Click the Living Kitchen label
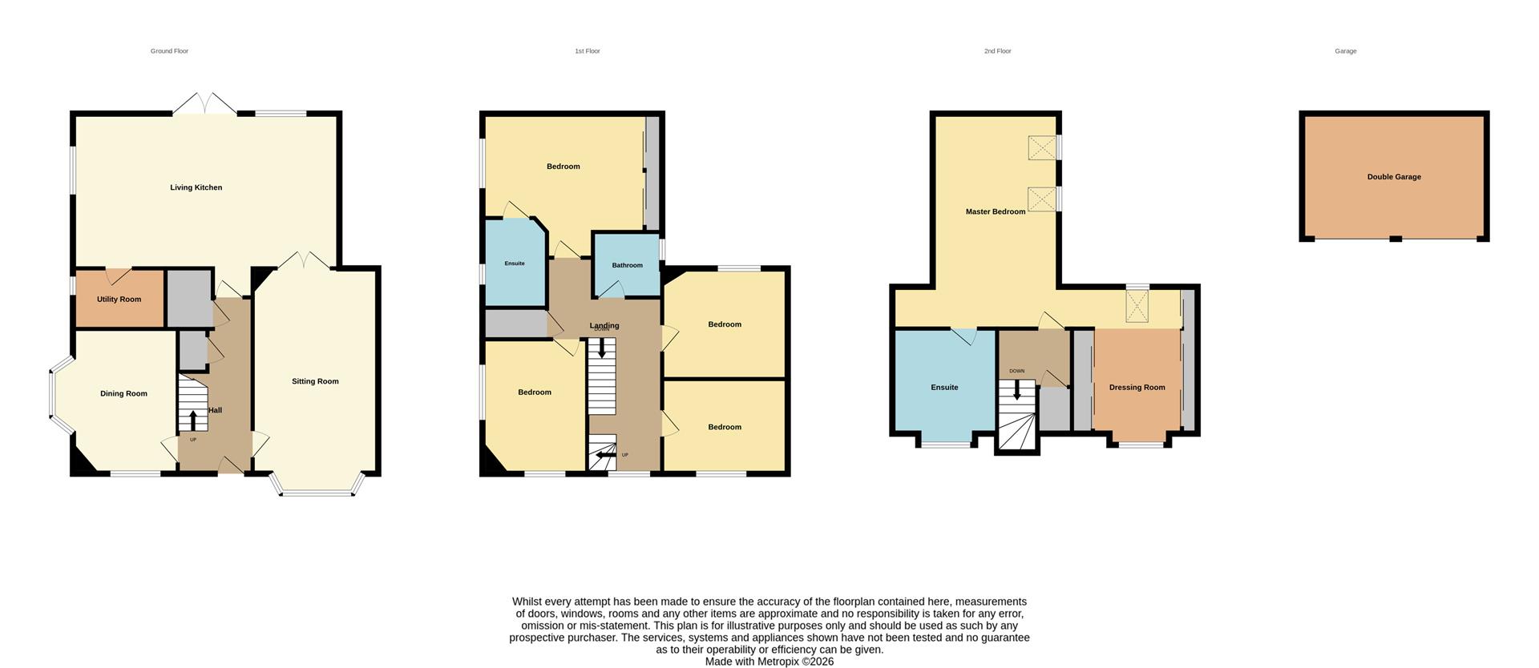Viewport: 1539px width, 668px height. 196,187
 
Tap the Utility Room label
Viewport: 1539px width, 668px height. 119,300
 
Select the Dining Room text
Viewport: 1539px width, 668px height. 123,393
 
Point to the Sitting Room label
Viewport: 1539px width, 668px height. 315,381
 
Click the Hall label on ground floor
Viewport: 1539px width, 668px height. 215,410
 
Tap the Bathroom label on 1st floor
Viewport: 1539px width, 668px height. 627,265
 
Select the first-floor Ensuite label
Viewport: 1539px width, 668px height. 515,264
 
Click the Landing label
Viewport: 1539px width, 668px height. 604,325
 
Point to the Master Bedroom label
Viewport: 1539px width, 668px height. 995,211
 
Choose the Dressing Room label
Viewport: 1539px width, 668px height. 1137,388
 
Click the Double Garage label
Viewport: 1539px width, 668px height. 1394,177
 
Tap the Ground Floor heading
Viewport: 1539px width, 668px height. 169,51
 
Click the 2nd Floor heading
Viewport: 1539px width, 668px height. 997,51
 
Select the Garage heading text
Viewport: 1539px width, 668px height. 1345,51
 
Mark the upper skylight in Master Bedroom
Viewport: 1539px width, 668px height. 1042,147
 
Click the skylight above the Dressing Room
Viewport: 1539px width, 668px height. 1137,306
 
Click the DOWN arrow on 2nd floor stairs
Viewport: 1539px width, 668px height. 1016,390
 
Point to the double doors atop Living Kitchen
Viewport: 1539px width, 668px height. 205,104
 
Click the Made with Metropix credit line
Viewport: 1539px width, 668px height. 769,662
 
